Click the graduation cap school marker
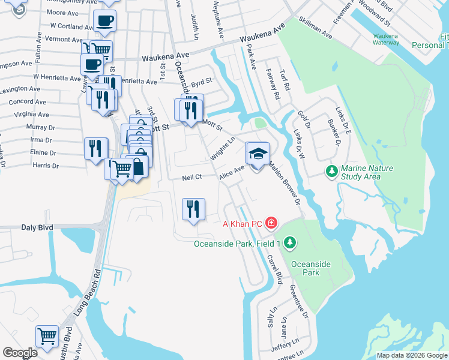click(x=258, y=155)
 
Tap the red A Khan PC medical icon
click(x=271, y=224)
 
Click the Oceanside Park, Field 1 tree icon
click(x=291, y=243)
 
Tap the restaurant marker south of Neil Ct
click(x=193, y=209)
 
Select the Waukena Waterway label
click(x=385, y=39)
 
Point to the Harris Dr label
click(x=46, y=165)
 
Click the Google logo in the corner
click(x=20, y=353)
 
